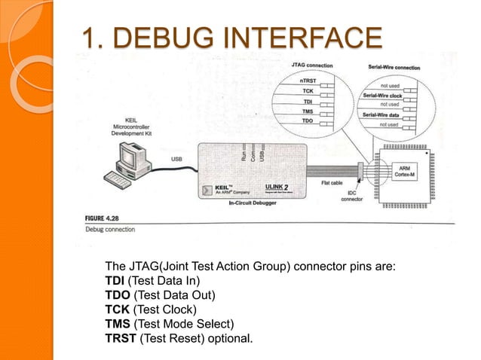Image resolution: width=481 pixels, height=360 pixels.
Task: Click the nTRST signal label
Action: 308,80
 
